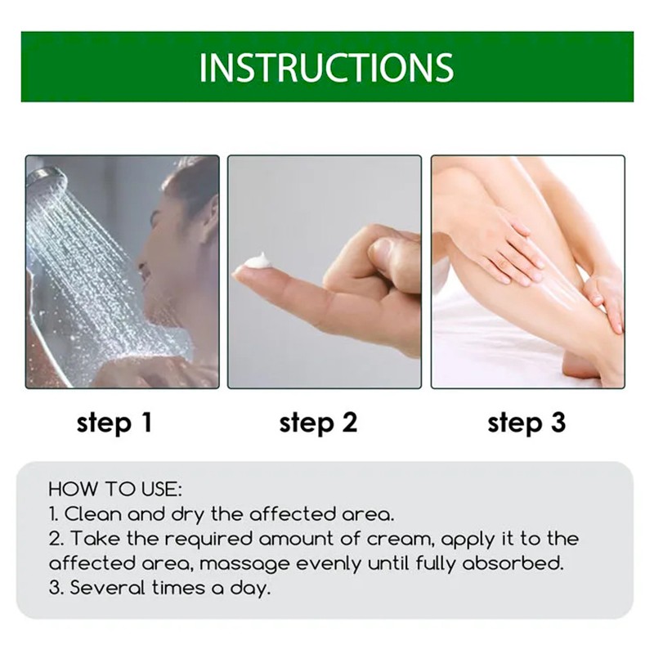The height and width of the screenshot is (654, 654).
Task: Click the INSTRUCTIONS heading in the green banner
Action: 326,67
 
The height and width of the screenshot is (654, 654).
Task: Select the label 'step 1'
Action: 114,423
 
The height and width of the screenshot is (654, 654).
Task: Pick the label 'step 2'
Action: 318,423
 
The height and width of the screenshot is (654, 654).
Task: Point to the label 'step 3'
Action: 526,423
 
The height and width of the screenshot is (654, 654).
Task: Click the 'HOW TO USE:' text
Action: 115,490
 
